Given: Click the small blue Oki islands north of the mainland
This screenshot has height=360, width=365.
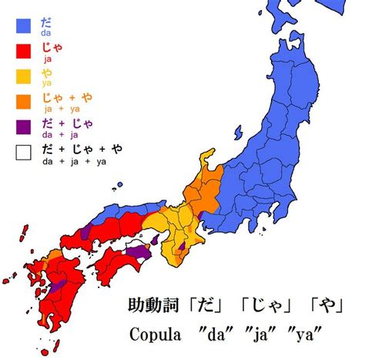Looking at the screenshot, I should (119, 186).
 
